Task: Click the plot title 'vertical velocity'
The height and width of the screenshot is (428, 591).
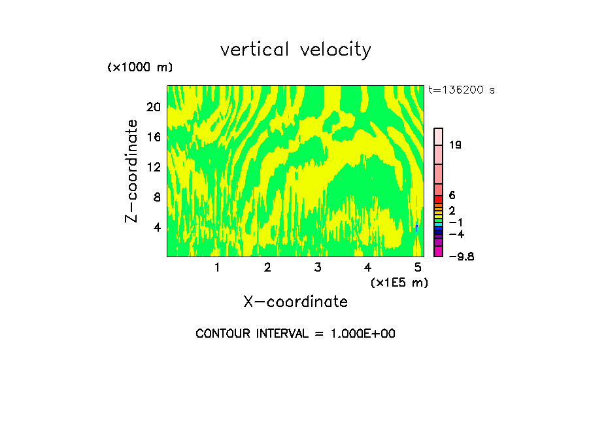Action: pos(295,50)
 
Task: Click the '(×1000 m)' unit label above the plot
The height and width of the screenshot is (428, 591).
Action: pos(139,67)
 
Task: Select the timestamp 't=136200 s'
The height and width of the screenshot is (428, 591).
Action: pos(462,90)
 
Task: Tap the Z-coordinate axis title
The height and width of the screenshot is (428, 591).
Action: pos(132,170)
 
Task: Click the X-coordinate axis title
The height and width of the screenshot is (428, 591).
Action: pos(295,302)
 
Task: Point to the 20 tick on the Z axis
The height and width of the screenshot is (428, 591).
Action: pos(153,107)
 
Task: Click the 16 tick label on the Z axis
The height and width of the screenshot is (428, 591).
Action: pos(153,137)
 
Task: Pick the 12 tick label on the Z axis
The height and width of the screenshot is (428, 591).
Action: pos(153,167)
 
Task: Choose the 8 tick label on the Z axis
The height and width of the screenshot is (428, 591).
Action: pos(156,197)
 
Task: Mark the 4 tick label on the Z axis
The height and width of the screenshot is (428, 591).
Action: pos(156,228)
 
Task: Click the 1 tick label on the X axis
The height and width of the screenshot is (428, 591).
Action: pos(217,267)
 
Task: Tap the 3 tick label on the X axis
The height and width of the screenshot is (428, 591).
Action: pos(317,267)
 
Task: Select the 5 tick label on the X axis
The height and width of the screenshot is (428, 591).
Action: pos(418,267)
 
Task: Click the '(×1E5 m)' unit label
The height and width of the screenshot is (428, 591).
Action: pos(399,282)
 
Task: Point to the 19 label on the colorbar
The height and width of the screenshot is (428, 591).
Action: pos(456,145)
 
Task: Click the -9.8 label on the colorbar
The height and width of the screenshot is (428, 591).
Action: pos(461,257)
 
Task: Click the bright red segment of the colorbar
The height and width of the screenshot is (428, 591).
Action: pos(439,199)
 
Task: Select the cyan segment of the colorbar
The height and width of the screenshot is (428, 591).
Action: pos(439,224)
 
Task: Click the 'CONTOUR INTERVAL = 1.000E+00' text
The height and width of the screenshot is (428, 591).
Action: pos(295,334)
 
